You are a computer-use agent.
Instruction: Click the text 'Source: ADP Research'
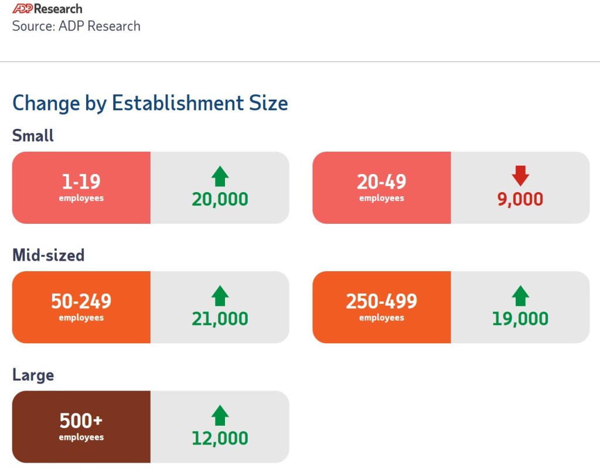point(76,26)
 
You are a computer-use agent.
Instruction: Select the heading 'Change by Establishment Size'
point(150,103)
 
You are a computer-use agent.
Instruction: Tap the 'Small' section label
point(33,136)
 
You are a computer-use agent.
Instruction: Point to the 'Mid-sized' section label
point(48,255)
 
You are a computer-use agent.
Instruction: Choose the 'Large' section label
point(33,375)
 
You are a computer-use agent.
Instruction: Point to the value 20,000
point(220,199)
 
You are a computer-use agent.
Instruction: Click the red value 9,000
point(520,199)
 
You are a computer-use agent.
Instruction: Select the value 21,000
point(220,319)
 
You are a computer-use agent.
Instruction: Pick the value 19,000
point(520,319)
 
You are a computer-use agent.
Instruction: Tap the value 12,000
point(220,438)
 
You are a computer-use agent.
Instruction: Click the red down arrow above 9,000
point(520,175)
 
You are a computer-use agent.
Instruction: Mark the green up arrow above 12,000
point(220,415)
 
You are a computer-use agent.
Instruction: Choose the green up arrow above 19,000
point(520,296)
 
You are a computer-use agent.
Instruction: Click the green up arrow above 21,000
point(220,296)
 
